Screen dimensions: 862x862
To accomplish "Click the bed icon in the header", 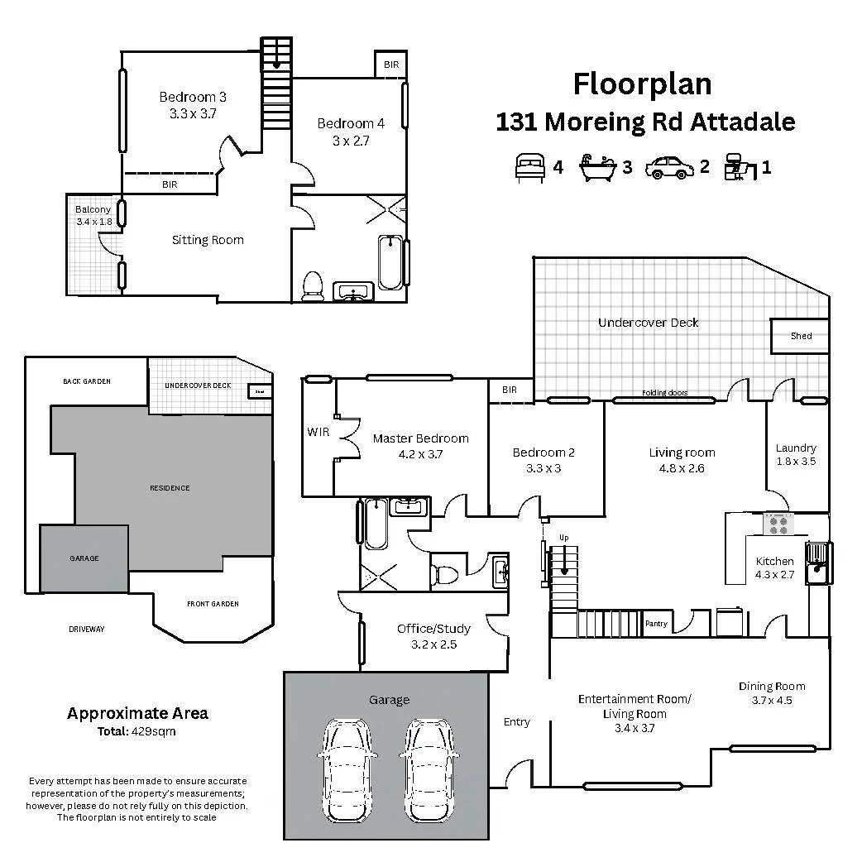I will pos(529,166).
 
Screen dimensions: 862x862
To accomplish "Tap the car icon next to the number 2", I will pos(669,167).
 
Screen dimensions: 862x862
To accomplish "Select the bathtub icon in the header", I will pos(599,166).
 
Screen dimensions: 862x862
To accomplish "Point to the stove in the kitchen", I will pos(778,523).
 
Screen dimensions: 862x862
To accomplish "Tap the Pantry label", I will pos(656,624).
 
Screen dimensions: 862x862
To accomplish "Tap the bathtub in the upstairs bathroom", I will pos(389,263).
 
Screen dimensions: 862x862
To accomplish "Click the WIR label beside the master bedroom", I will pos(318,432).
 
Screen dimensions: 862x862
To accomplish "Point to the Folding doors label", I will pos(664,393).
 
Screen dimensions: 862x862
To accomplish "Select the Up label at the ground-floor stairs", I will pos(564,538).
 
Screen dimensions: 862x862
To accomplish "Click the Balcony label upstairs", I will pos(93,210).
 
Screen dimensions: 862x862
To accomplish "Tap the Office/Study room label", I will pos(433,629).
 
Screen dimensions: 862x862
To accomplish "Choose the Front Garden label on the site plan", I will pos(213,604).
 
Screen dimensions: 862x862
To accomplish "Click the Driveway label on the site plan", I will pos(86,630).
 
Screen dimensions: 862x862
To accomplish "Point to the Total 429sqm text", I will pos(136,731).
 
